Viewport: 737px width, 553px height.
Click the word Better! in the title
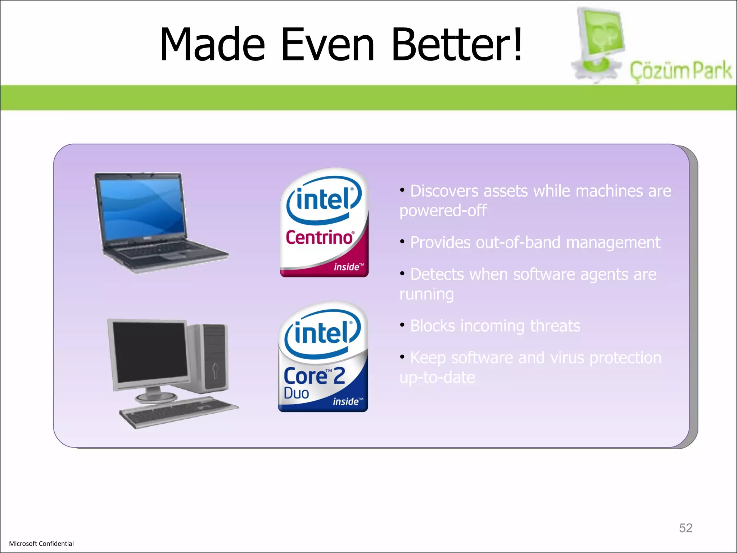pos(456,45)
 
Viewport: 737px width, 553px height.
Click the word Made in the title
pos(212,45)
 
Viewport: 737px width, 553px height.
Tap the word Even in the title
pos(328,45)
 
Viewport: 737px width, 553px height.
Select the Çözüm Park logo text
pos(680,71)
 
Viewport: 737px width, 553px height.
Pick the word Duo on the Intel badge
pos(296,393)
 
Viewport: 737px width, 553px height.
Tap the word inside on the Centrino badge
pos(347,267)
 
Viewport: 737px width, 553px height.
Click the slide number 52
pos(686,528)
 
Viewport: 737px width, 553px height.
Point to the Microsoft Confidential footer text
pos(41,544)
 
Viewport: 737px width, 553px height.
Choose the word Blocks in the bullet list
pos(433,326)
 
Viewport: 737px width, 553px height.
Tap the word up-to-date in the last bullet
pos(437,377)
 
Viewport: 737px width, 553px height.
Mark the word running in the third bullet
pos(426,294)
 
